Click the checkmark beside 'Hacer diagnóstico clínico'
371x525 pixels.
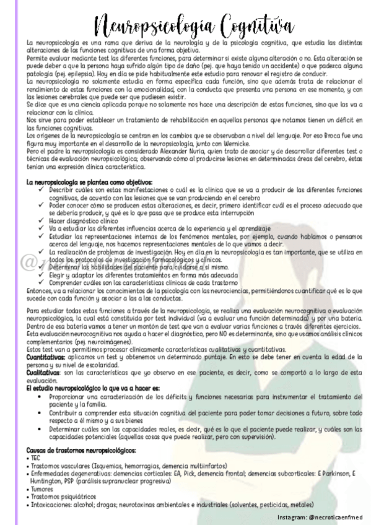[x=40, y=220]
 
